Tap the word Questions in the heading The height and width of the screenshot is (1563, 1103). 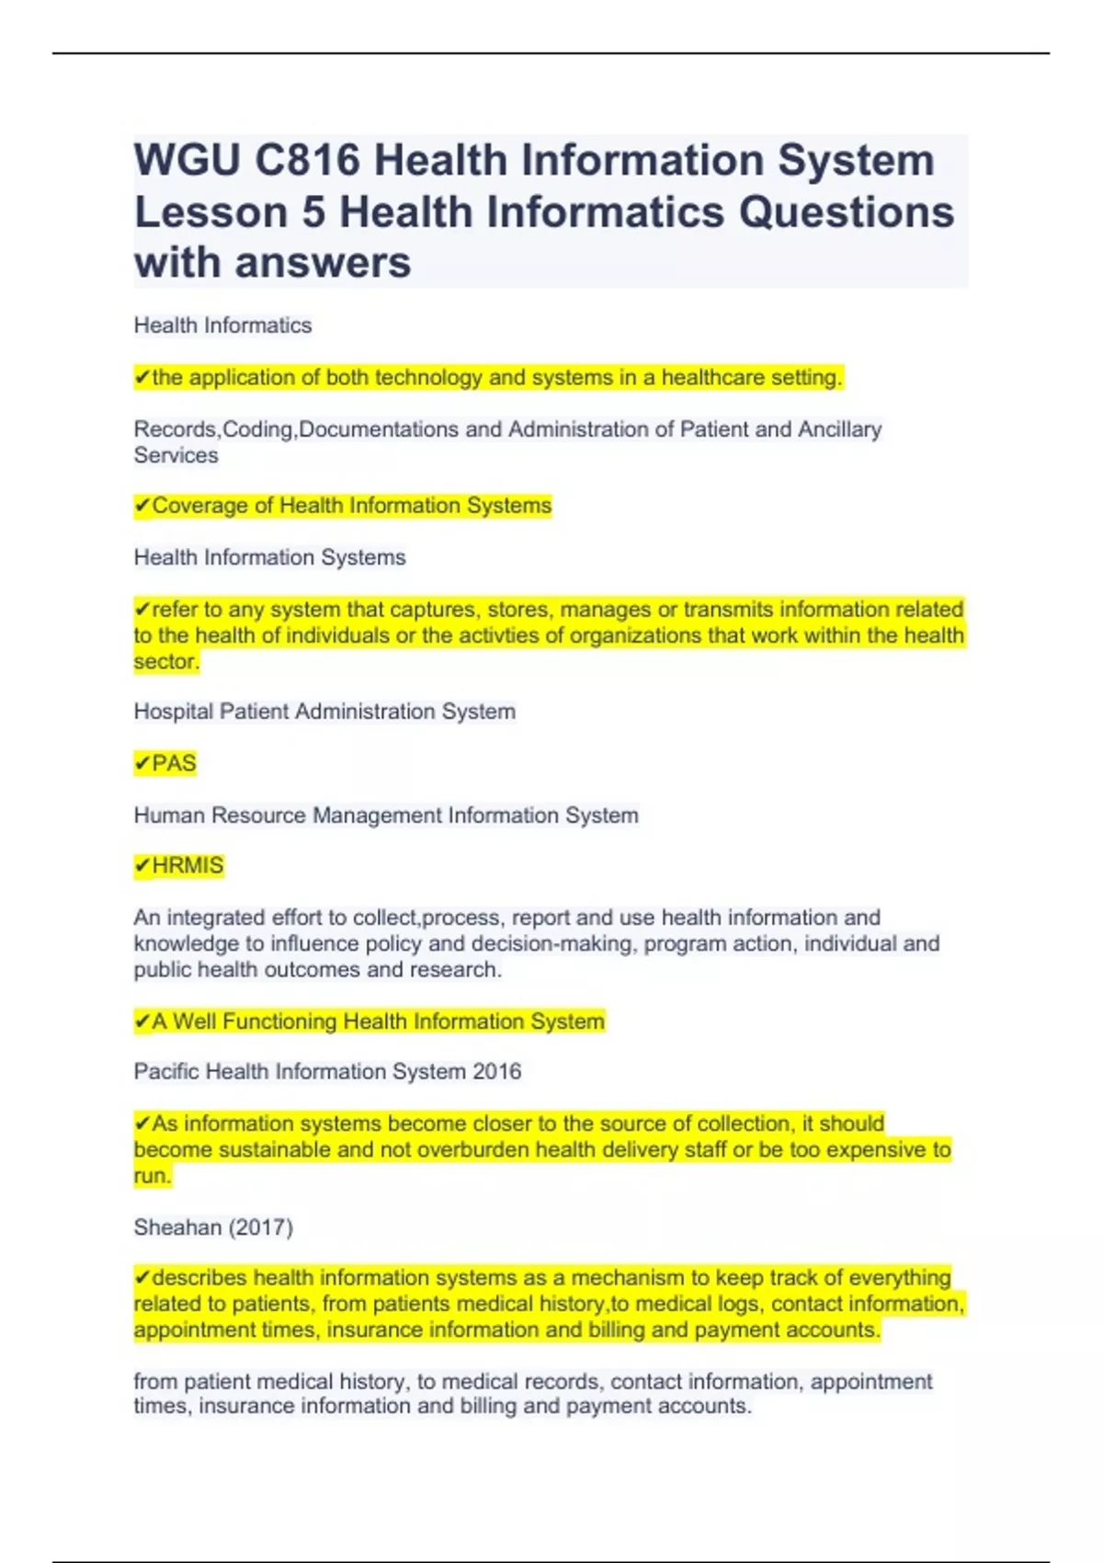(x=846, y=212)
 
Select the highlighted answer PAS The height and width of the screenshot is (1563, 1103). (x=174, y=763)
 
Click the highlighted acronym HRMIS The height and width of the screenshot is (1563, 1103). (x=188, y=866)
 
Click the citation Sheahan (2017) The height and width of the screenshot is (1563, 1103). (x=213, y=1227)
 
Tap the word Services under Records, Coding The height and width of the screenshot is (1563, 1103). (x=176, y=456)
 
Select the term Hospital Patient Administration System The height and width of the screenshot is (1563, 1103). (x=324, y=712)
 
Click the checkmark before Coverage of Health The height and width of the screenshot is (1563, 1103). (x=142, y=506)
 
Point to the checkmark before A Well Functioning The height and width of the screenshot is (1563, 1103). (x=142, y=1021)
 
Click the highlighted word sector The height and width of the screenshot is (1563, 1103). (x=165, y=662)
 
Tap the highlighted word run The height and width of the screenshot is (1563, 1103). (x=152, y=1176)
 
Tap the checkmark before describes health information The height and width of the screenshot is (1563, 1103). (x=142, y=1278)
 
